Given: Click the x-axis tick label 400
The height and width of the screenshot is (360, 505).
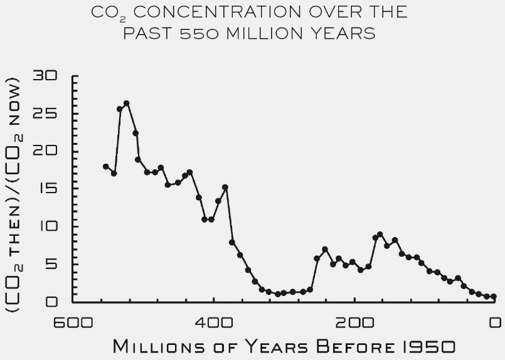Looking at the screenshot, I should tap(213, 323).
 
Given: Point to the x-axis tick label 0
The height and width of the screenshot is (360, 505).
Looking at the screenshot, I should tap(495, 323).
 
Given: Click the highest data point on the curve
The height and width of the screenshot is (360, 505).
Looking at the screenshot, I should tap(126, 103).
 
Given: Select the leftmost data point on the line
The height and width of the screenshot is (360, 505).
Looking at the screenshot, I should tap(105, 166).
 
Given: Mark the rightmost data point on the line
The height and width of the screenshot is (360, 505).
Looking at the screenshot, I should tap(494, 297).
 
